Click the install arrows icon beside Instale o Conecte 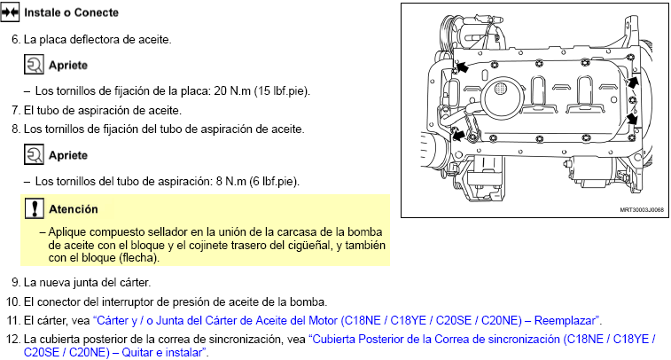(x=10, y=12)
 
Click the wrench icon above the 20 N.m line (x=34, y=65)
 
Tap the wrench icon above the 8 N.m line (x=34, y=154)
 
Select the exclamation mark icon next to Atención (x=35, y=208)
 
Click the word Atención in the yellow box (x=74, y=209)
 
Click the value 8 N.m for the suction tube (x=231, y=181)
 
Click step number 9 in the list (x=16, y=283)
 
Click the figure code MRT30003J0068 (x=642, y=210)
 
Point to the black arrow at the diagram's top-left (x=461, y=67)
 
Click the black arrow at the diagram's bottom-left (x=458, y=136)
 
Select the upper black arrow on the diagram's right (x=633, y=82)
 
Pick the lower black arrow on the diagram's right (x=632, y=118)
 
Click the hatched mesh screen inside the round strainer (x=500, y=89)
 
